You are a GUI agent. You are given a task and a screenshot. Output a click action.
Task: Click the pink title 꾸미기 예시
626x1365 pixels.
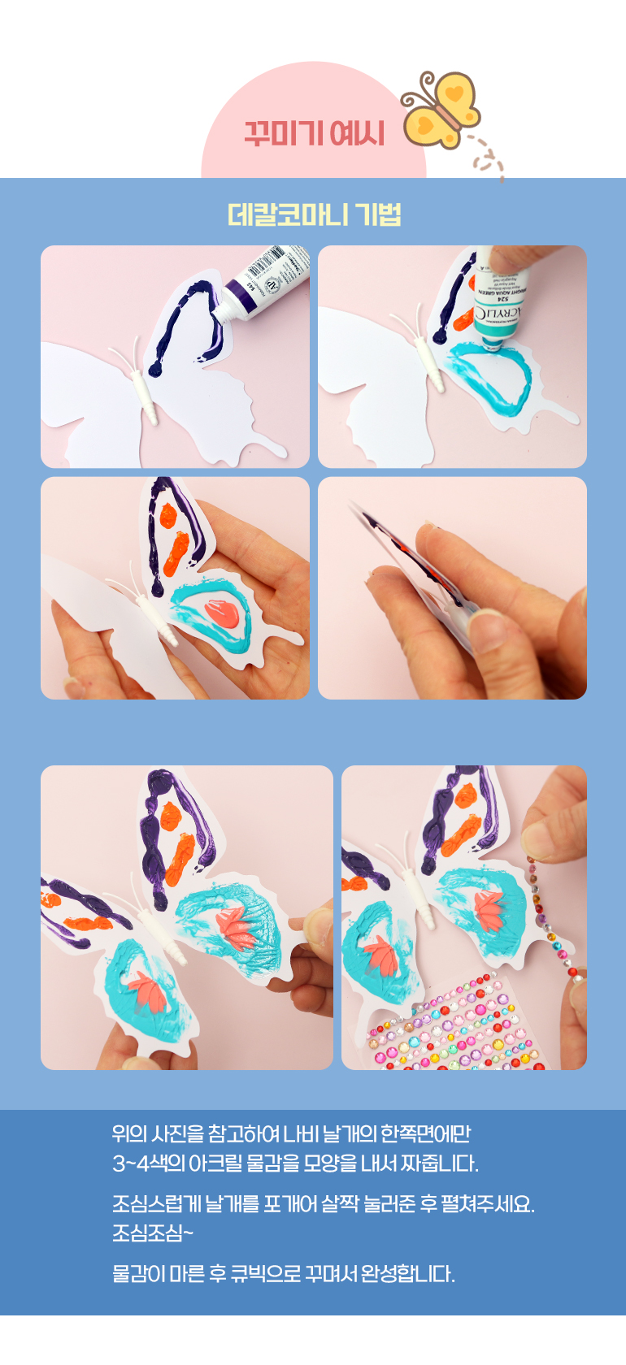315,133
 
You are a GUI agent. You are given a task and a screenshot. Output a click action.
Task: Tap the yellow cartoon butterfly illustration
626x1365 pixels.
441,110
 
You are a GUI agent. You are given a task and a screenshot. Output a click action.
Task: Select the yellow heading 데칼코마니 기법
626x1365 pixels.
314,214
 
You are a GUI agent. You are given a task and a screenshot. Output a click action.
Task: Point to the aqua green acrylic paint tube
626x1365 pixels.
500,300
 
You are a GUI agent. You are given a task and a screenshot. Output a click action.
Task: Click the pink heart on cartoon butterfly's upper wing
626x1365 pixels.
454,93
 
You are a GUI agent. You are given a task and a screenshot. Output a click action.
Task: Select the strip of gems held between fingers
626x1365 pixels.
552,914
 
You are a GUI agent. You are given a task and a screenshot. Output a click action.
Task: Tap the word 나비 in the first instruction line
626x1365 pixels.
295,1133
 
